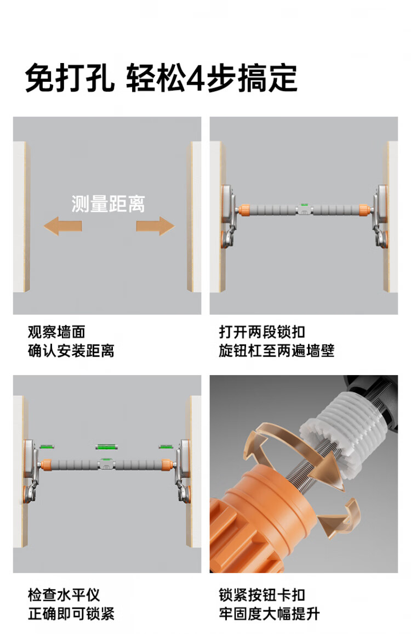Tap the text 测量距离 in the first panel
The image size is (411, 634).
pos(109,204)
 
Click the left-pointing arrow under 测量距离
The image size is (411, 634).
pos(62,226)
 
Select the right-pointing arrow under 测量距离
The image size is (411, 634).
pos(156,226)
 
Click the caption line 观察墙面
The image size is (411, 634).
pos(56,332)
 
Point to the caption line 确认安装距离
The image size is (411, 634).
pos(71,350)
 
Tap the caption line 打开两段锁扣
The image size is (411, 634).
pos(262,332)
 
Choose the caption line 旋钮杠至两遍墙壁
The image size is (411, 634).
pos(277,350)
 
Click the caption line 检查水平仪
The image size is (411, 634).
pos(64,595)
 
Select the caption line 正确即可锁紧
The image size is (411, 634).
pos(71,614)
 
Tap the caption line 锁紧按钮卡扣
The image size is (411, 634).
pos(262,595)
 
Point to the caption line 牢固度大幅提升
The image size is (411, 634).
pos(270,614)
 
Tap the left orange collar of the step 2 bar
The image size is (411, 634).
pos(243,210)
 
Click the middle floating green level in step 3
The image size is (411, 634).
pos(106,447)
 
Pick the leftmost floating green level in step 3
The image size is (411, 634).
pos(47,447)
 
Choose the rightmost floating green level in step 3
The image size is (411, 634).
pos(166,447)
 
